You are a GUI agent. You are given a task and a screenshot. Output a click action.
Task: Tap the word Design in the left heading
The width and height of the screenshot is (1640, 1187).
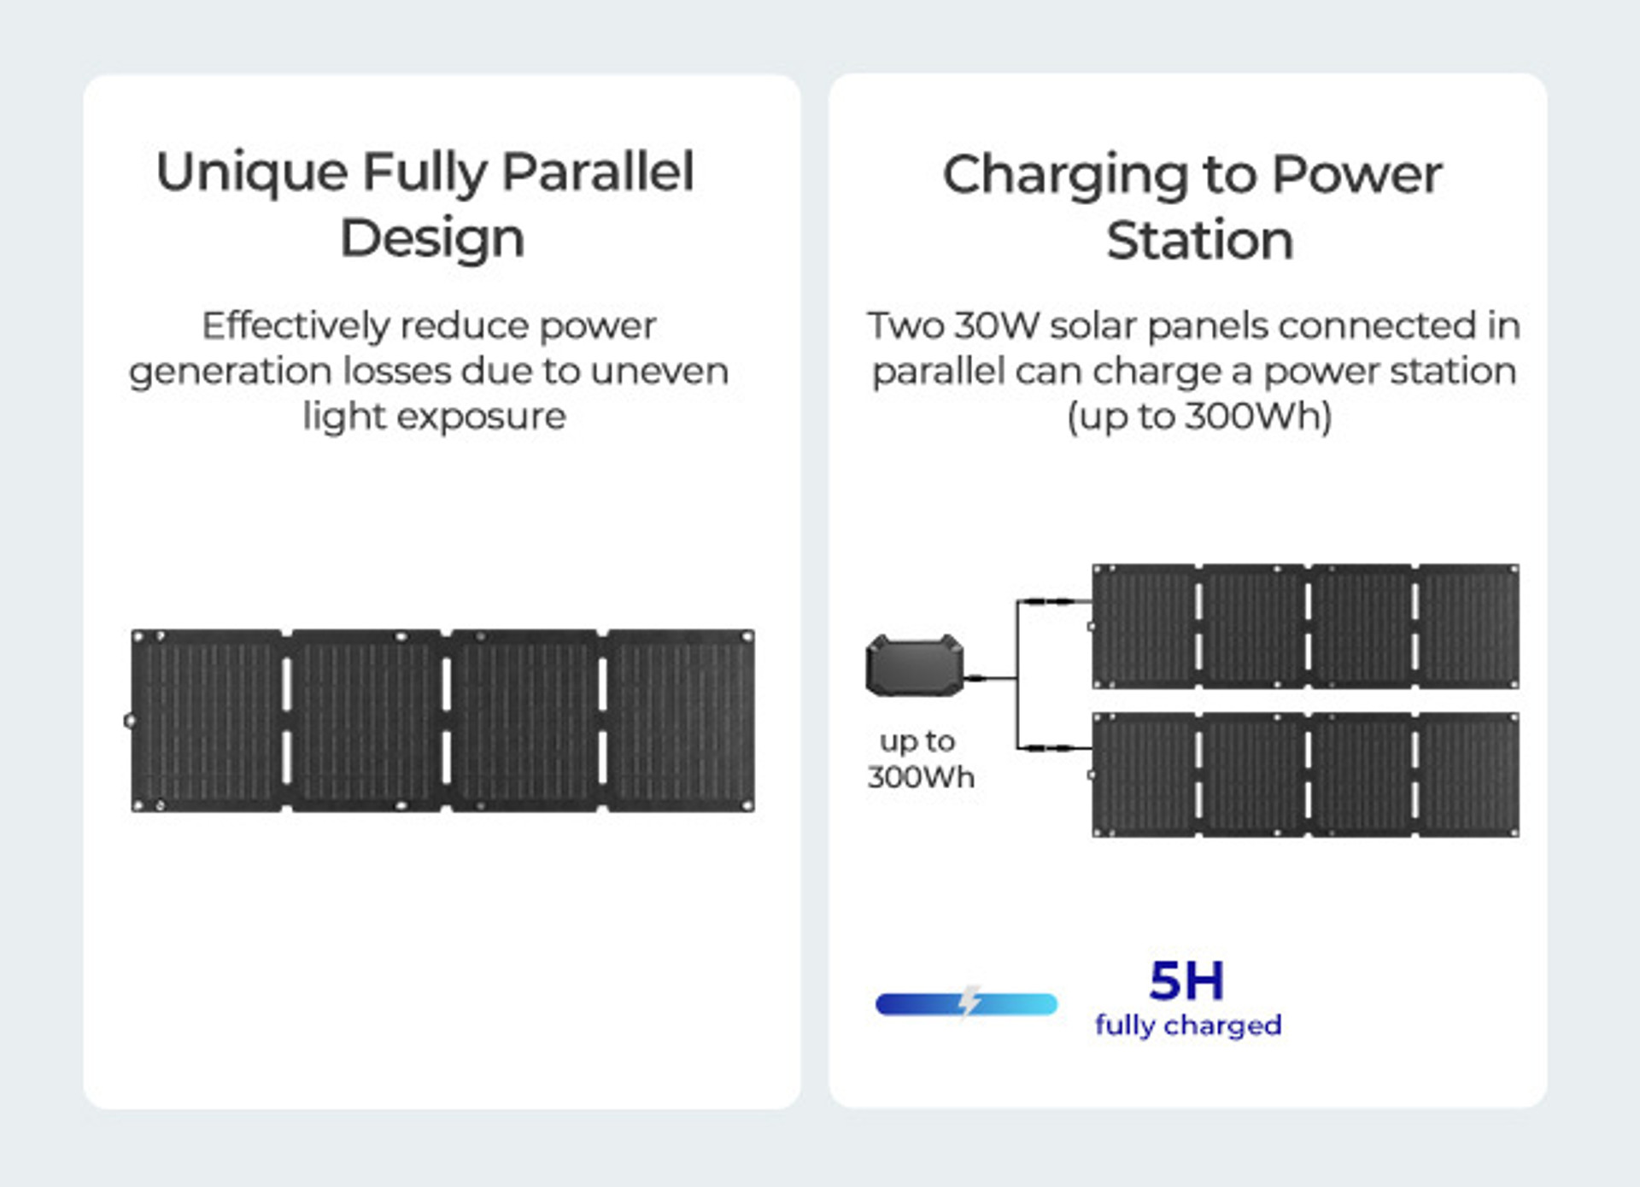(x=432, y=239)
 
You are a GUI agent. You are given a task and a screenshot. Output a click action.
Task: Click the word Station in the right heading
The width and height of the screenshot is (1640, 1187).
(x=1200, y=241)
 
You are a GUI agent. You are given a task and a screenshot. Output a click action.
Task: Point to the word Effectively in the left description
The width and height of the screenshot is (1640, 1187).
(x=296, y=325)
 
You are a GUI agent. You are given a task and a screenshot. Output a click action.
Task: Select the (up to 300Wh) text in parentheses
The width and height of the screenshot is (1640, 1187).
(x=1199, y=417)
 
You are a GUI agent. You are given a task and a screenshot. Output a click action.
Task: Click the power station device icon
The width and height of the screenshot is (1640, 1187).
(x=915, y=665)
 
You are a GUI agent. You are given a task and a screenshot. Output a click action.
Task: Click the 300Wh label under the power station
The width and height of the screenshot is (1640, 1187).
(x=921, y=777)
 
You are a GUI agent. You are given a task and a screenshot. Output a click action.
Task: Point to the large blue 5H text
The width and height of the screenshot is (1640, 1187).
(x=1186, y=980)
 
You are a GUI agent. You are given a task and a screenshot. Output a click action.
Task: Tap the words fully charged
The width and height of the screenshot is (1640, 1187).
(x=1188, y=1025)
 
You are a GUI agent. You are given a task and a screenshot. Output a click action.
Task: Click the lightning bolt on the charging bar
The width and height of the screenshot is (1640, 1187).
(x=969, y=1001)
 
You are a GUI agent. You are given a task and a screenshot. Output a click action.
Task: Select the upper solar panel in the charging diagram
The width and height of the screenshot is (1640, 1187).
(x=1305, y=626)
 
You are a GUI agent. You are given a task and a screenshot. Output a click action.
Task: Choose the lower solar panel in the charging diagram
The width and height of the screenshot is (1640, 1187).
(x=1305, y=775)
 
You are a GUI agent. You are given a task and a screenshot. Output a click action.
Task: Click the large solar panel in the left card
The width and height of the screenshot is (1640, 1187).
(x=442, y=721)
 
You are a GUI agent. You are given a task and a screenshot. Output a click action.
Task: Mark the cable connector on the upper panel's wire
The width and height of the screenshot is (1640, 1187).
(x=1050, y=601)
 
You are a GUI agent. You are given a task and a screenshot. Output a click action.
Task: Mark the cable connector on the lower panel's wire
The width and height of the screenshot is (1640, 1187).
(x=1050, y=748)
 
